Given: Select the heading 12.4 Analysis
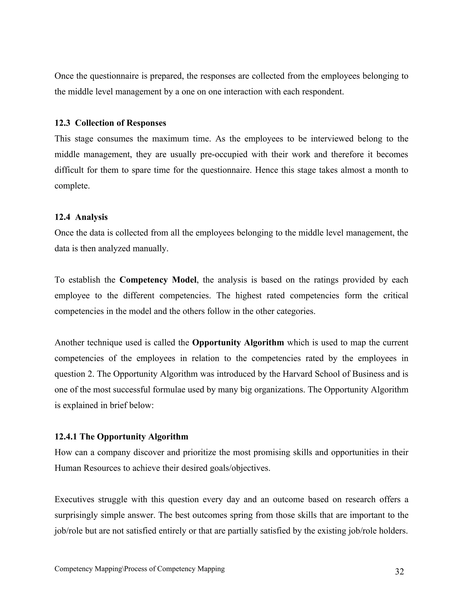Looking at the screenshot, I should [81, 217].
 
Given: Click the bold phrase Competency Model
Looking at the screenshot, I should [158, 280].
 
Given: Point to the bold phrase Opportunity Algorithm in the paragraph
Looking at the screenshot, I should [238, 343].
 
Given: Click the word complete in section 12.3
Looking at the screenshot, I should [72, 186].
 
